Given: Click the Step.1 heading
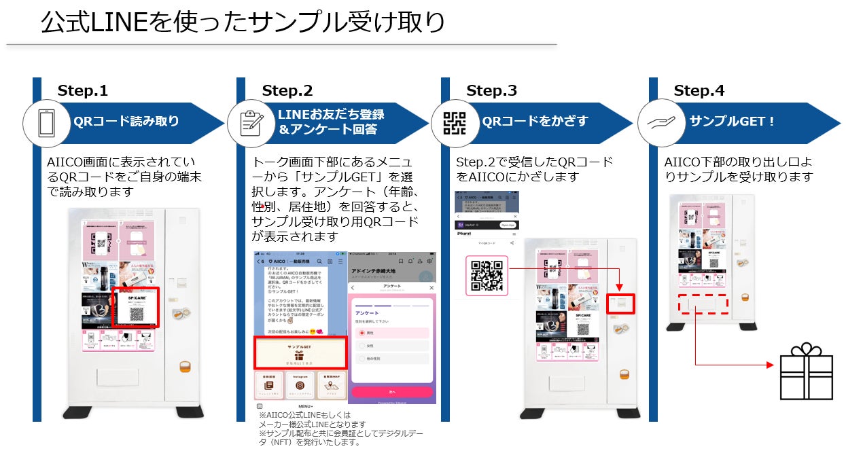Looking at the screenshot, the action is (x=83, y=91).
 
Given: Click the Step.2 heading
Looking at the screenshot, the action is (x=287, y=91).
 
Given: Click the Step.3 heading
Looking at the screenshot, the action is (x=491, y=91).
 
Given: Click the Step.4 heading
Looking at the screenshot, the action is (x=699, y=91).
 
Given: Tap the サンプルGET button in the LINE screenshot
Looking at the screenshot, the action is (x=300, y=352).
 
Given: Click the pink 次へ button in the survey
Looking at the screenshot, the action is (x=391, y=392).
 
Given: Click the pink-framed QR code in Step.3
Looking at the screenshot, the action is (x=487, y=275).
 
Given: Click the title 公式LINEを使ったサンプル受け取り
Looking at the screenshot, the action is (x=243, y=22).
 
